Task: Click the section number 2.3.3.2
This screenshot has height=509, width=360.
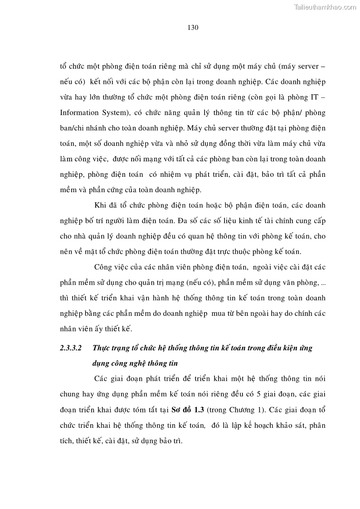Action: tap(70, 348)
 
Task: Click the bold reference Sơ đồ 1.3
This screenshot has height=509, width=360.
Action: tap(187, 411)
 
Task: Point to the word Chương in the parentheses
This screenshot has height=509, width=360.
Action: tap(238, 411)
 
